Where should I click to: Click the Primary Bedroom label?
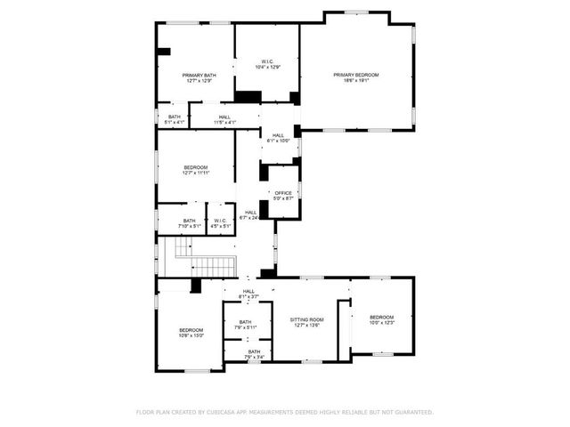pos(356,75)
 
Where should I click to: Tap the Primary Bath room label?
pos(199,75)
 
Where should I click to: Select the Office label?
pos(283,193)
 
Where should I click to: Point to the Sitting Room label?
pos(307,318)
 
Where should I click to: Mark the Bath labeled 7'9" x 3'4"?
pos(254,352)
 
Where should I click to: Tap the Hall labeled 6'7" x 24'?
pos(251,213)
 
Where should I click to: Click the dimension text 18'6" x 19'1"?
pos(356,80)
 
